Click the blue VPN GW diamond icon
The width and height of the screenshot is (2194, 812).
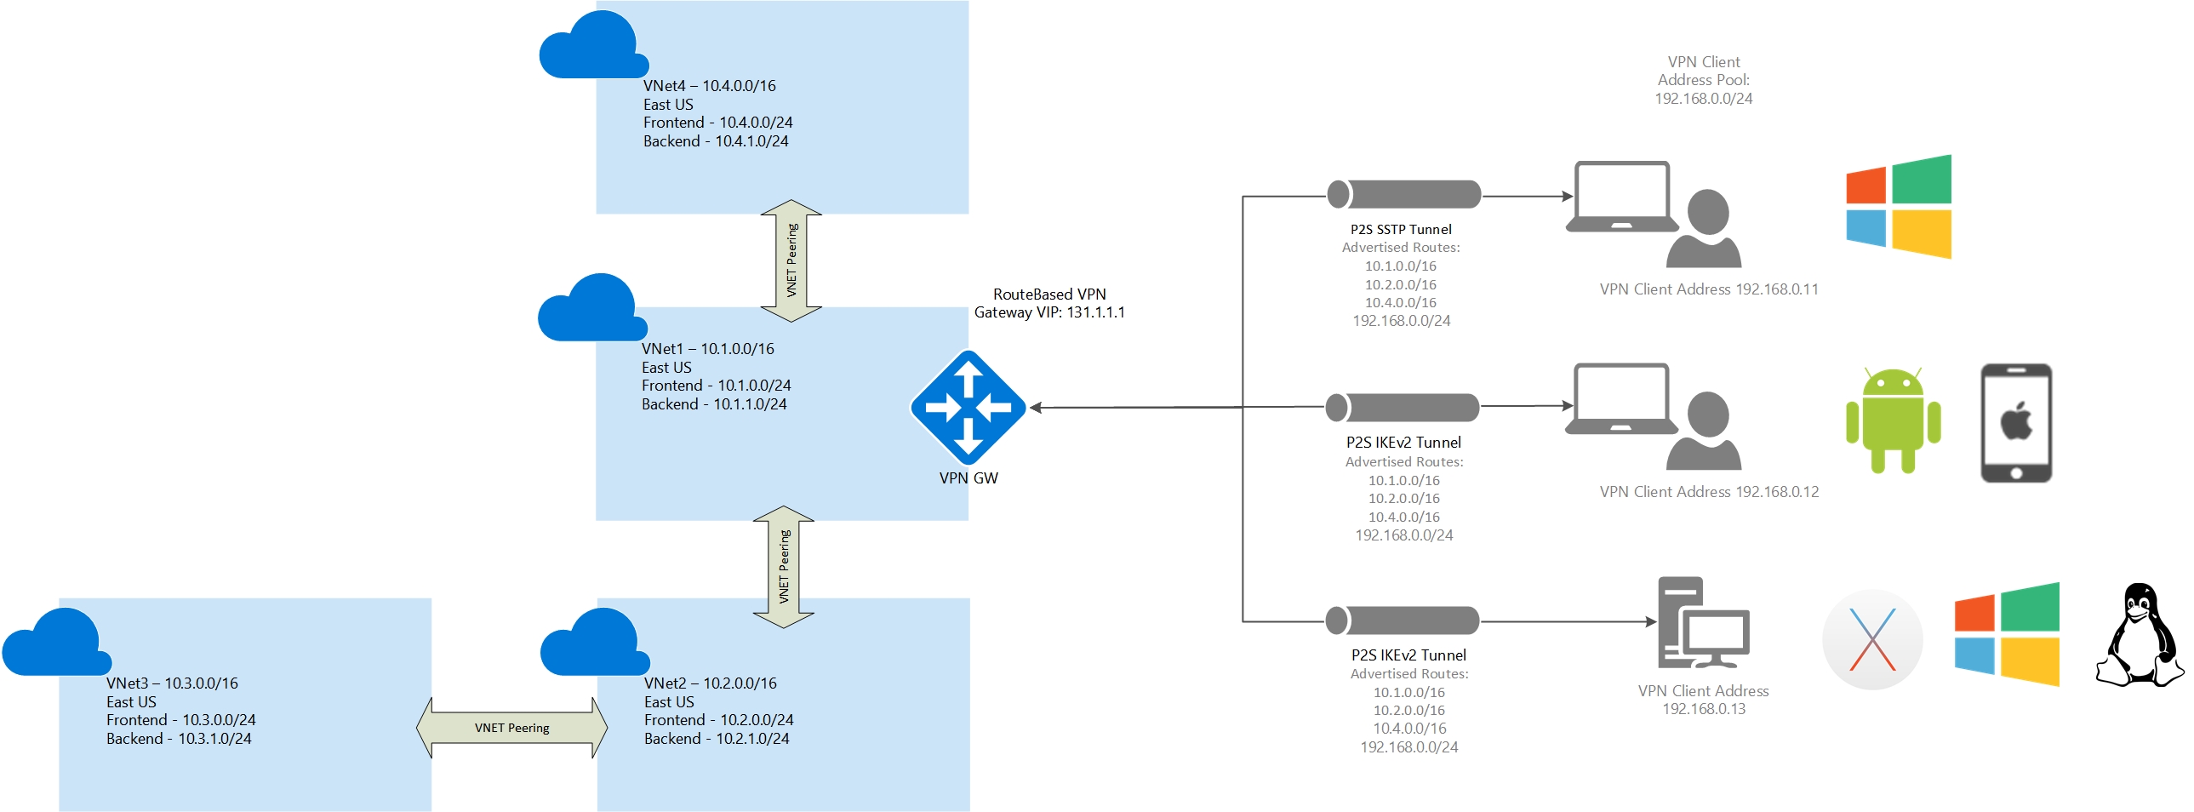pyautogui.click(x=968, y=408)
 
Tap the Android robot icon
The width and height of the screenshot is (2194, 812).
pyautogui.click(x=1893, y=421)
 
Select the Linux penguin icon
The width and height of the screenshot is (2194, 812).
pyautogui.click(x=2139, y=635)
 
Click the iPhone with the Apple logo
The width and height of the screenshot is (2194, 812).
pyautogui.click(x=2015, y=423)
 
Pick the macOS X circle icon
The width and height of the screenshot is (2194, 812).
pyautogui.click(x=1871, y=639)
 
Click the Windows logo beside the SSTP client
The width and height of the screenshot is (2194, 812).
pyautogui.click(x=1899, y=206)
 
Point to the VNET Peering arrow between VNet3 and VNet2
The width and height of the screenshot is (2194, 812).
pyautogui.click(x=511, y=728)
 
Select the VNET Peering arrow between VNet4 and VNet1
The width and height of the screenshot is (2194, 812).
pyautogui.click(x=791, y=260)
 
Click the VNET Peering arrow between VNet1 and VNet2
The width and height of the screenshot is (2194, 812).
pyautogui.click(x=784, y=567)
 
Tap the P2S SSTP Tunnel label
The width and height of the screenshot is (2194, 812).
pyautogui.click(x=1400, y=229)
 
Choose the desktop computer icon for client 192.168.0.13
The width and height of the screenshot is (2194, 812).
pyautogui.click(x=1703, y=623)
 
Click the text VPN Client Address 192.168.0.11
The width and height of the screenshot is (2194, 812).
pyautogui.click(x=1709, y=289)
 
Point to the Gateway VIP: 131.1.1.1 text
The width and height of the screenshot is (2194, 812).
pyautogui.click(x=1049, y=312)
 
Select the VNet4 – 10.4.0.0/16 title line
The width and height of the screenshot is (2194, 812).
pyautogui.click(x=710, y=86)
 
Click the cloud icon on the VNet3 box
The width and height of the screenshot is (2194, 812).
pyautogui.click(x=57, y=643)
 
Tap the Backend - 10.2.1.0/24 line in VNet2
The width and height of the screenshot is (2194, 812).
pyautogui.click(x=717, y=739)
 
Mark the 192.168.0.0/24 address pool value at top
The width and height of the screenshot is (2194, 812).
pyautogui.click(x=1704, y=99)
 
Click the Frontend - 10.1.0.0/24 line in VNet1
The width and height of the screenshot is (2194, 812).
pyautogui.click(x=716, y=386)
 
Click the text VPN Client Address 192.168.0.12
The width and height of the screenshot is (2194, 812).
pyautogui.click(x=1709, y=492)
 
